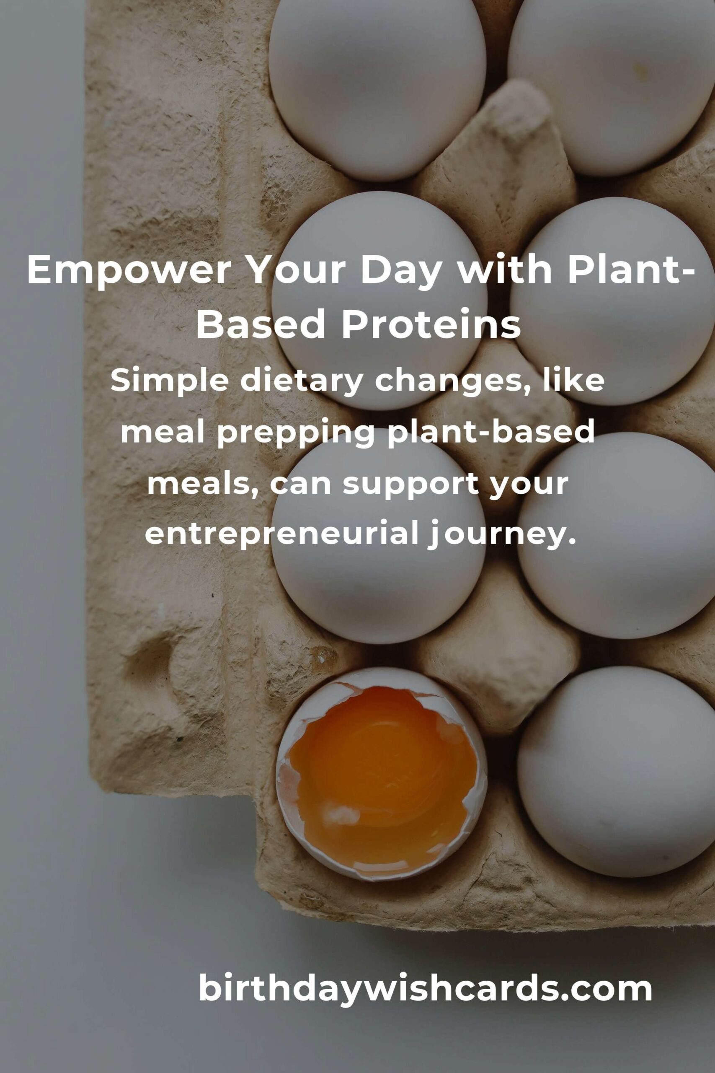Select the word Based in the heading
[x=262, y=324]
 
